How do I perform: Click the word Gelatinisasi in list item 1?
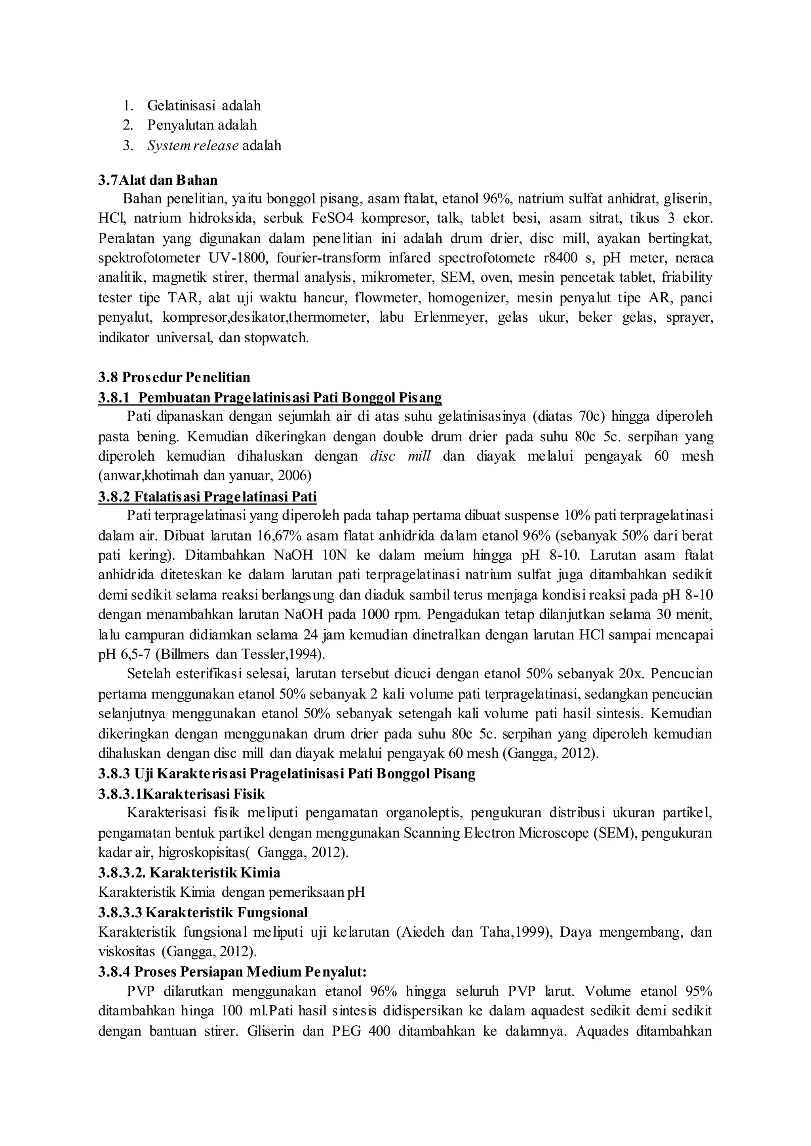[x=182, y=106]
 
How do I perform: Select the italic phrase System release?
[x=193, y=146]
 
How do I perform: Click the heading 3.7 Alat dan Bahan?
[x=158, y=180]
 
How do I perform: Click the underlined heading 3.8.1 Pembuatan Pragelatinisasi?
[x=270, y=397]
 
